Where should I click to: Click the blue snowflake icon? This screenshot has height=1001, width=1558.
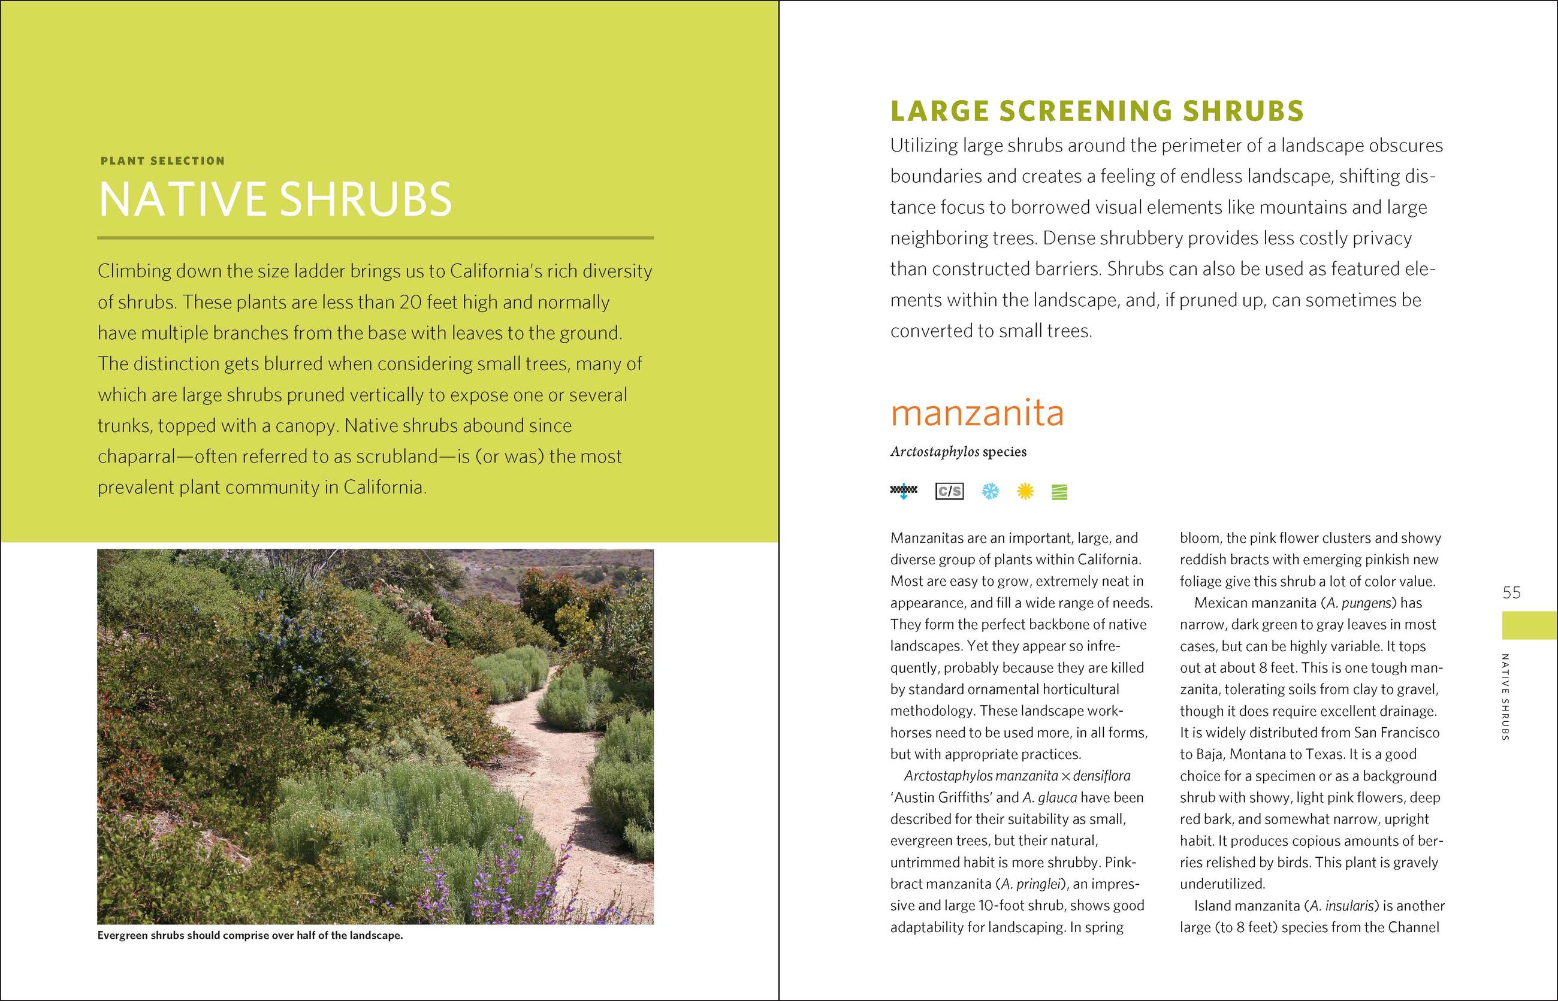(990, 491)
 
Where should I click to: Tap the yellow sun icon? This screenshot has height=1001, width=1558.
(1025, 491)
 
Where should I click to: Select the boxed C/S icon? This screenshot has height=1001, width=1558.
(949, 491)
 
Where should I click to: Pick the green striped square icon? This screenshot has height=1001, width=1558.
(1059, 492)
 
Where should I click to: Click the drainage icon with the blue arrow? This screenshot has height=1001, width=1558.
(903, 491)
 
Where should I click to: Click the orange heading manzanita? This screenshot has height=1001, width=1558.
(977, 413)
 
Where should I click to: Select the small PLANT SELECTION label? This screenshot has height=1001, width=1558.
(162, 161)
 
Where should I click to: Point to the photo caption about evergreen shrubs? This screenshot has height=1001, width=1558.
(250, 936)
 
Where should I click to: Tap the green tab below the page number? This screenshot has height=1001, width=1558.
(1529, 625)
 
